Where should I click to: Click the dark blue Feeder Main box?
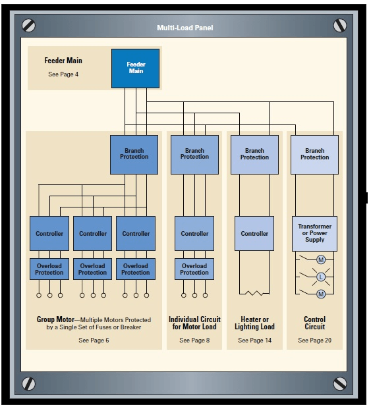point(135,68)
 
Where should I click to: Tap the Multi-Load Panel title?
point(185,28)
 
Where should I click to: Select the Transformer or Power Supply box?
point(314,233)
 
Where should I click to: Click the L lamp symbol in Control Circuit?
point(321,277)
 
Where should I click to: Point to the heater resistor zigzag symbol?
point(254,293)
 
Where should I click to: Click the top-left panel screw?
point(29,26)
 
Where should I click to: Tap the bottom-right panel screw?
point(340,384)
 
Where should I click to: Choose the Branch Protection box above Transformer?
point(314,155)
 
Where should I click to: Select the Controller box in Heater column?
point(254,233)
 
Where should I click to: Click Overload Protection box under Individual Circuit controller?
point(194,269)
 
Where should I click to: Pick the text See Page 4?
point(63,74)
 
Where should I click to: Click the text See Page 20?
point(314,340)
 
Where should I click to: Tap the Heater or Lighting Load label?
point(254,323)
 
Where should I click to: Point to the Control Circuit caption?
point(314,323)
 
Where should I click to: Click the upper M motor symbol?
point(321,259)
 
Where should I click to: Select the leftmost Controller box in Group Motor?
point(49,233)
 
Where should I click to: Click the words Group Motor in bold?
point(55,319)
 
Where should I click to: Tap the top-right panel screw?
point(340,26)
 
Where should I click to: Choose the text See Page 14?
point(254,340)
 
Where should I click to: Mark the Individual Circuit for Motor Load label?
point(194,323)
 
